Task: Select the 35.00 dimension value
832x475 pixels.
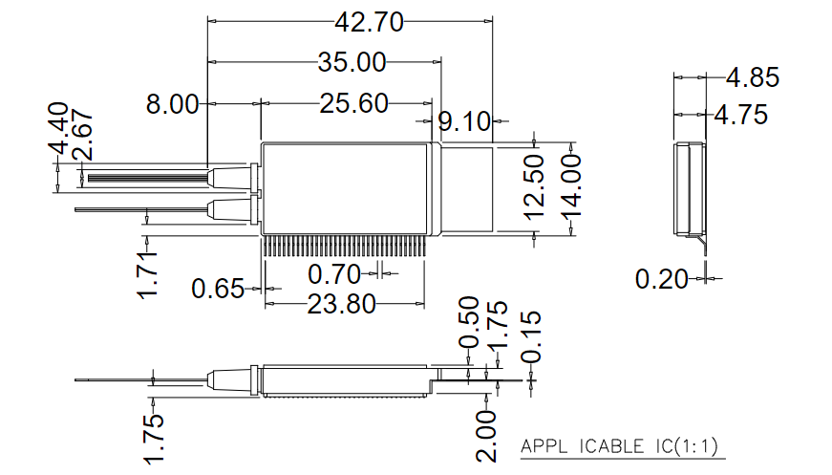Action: pos(352,64)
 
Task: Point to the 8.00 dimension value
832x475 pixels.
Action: pos(172,104)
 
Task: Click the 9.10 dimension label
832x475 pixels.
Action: pos(464,122)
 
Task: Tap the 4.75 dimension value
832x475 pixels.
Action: pos(741,116)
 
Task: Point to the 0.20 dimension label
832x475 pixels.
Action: pos(662,279)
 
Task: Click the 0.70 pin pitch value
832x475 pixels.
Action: pos(334,275)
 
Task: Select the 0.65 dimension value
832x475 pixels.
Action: pos(218,287)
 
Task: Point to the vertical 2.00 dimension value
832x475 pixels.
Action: pos(487,436)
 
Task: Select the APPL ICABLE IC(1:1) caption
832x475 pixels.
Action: pos(618,446)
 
